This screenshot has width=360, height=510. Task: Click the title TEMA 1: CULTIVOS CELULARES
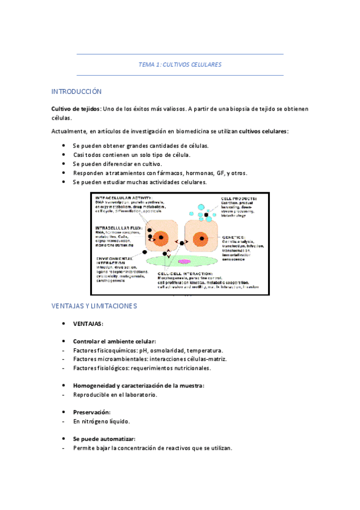coord(180,64)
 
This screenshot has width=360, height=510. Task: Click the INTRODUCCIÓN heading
coord(76,91)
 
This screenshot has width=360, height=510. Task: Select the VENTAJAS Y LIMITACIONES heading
coord(94,306)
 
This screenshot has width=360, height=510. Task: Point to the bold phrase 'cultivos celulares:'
coord(263,131)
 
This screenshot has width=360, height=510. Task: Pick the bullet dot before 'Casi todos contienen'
coord(64,155)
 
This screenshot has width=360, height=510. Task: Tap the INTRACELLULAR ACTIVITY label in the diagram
coord(124,197)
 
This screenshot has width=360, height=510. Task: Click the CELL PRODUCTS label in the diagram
coord(239,197)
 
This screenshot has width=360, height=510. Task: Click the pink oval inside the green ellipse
coord(184,262)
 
